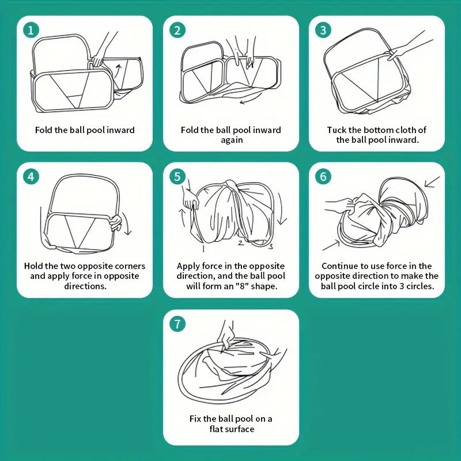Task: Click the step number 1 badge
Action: coord(31,30)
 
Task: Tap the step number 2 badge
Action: coord(177,30)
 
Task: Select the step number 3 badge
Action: coord(323,30)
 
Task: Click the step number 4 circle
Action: coord(31,176)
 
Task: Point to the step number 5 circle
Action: coord(177,176)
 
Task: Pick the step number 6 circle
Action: coord(323,176)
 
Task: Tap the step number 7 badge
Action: coord(177,324)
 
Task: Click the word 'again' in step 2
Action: coord(231,140)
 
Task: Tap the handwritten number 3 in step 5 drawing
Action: coord(270,247)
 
